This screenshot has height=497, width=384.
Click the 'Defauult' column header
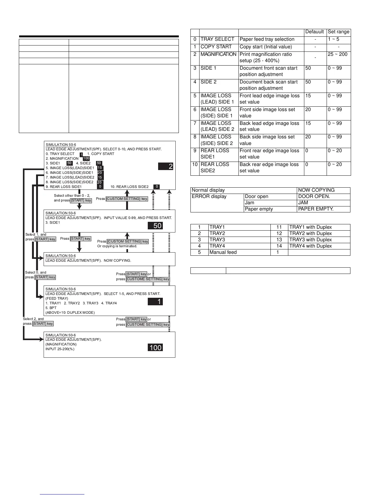(x=315, y=32)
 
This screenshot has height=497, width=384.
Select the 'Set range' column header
(x=339, y=32)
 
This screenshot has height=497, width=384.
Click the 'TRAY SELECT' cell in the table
(x=217, y=39)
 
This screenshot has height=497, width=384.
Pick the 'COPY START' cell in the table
(x=216, y=47)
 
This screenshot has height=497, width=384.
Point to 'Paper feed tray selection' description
(x=267, y=39)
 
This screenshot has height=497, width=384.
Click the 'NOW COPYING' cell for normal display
(x=316, y=190)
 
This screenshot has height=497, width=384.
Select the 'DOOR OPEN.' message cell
(x=314, y=196)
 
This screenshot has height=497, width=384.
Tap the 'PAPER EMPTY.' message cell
(x=316, y=209)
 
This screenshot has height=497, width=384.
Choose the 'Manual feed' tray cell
(x=223, y=252)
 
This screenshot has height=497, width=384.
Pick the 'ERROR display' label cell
(x=209, y=196)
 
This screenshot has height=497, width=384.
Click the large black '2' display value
(x=166, y=166)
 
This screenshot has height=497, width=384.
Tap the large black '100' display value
(x=155, y=348)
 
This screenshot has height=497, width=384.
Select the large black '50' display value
(x=155, y=226)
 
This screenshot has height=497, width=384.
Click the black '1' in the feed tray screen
(x=155, y=302)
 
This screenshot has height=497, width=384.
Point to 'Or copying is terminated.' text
(x=117, y=246)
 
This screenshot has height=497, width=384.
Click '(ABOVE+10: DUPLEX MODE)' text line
(x=70, y=313)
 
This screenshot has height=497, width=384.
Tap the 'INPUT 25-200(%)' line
(x=60, y=349)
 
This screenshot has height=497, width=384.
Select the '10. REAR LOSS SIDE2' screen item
(x=130, y=187)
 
